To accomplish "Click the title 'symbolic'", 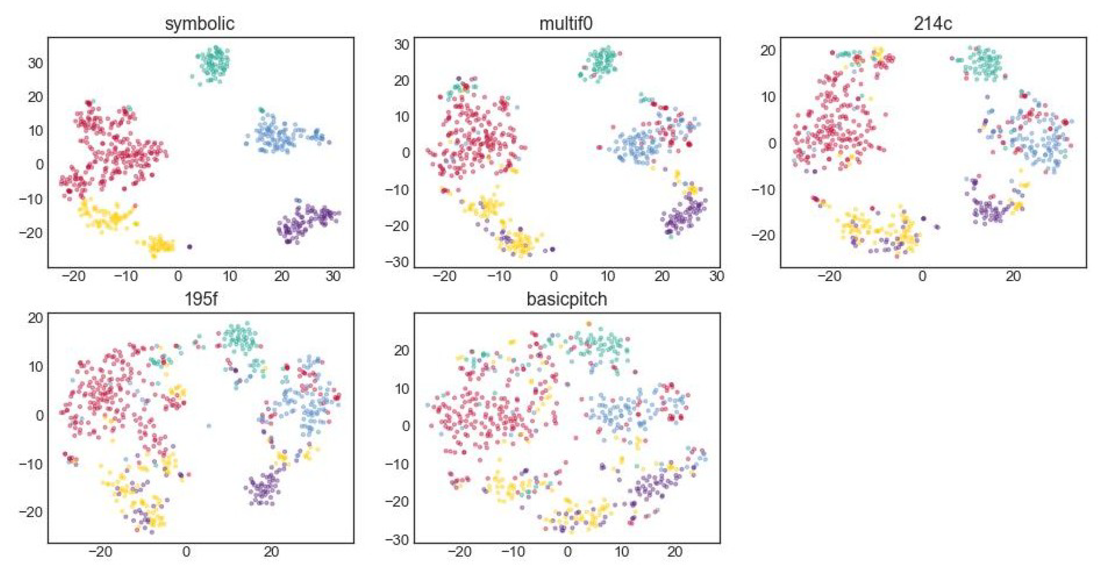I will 199,23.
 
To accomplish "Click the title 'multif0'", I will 566,23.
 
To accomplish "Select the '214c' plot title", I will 933,23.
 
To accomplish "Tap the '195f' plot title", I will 200,299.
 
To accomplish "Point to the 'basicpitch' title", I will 566,299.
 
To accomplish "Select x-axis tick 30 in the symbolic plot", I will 333,276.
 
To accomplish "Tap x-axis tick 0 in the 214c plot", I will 923,276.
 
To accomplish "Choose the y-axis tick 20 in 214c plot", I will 768,51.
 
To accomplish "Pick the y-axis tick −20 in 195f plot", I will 31,512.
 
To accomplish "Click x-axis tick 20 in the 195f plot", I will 271,551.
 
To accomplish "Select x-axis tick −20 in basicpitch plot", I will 459,551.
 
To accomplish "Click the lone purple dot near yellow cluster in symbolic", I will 190,246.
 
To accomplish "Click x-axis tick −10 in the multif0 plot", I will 499,276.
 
